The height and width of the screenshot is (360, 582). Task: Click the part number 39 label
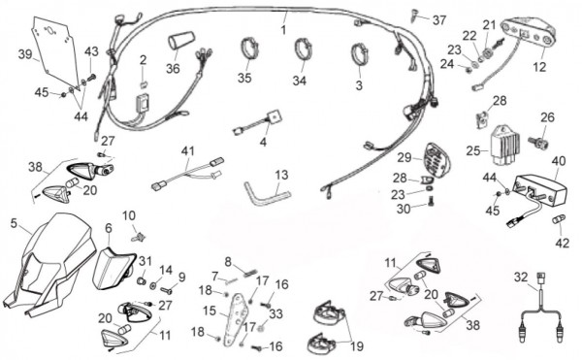click(25, 54)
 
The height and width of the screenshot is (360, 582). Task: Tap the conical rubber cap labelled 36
click(181, 41)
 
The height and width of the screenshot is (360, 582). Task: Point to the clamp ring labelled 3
click(359, 55)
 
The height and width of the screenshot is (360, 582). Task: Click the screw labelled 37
click(414, 15)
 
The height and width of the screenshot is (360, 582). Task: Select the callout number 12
click(539, 67)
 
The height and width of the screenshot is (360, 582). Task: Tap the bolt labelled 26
click(538, 142)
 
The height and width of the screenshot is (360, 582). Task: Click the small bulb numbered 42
click(559, 219)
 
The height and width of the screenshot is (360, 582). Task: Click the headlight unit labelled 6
click(112, 268)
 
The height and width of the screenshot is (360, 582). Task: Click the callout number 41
click(188, 151)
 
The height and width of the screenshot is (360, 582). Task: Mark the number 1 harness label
click(283, 30)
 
